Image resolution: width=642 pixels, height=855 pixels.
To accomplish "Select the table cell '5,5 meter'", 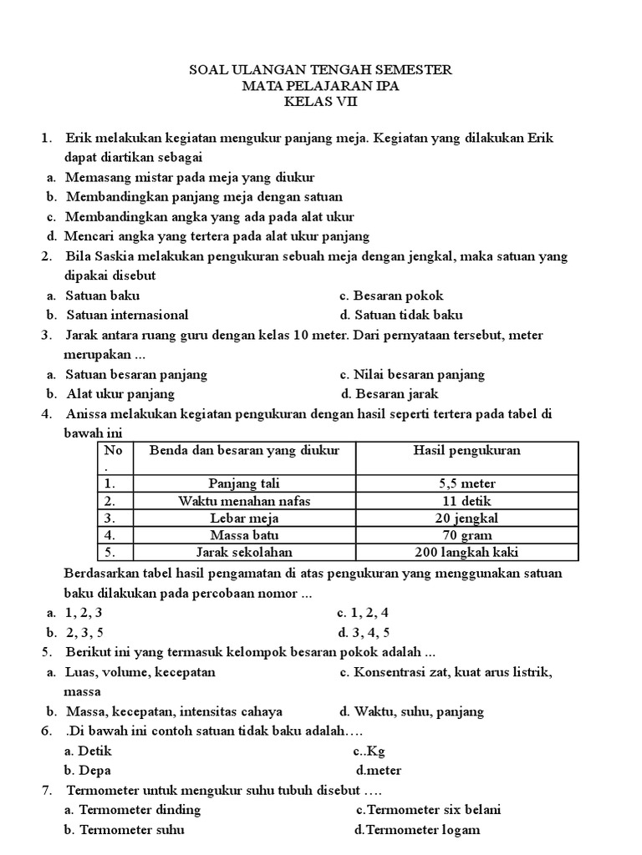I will click(x=466, y=483).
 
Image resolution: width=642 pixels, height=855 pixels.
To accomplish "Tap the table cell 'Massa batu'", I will click(x=244, y=535).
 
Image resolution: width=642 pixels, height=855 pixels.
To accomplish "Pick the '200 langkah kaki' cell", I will click(x=466, y=553).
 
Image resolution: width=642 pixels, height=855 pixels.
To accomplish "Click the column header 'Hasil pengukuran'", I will click(x=466, y=451).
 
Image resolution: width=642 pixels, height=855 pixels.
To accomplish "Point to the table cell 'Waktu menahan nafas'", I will click(x=244, y=501).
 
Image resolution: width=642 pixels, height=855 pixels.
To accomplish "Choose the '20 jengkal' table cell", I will click(x=466, y=518).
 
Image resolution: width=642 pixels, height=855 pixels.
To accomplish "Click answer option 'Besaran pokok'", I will click(x=391, y=296).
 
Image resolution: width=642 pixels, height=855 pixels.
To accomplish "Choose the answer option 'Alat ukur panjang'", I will click(x=120, y=394).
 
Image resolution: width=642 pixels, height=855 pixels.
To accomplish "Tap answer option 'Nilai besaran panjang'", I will click(x=412, y=375).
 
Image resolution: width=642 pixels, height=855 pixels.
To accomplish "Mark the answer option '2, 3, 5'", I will click(x=84, y=632).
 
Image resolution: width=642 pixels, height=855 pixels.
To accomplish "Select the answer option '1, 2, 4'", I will click(x=363, y=612).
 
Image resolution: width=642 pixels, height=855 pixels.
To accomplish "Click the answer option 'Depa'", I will click(x=88, y=771).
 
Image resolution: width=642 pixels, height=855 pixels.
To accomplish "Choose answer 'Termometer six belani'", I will click(x=428, y=810).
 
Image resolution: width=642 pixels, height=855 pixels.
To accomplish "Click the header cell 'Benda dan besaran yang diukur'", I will click(x=244, y=451).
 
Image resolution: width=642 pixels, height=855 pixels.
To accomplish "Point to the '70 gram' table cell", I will click(x=466, y=535).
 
